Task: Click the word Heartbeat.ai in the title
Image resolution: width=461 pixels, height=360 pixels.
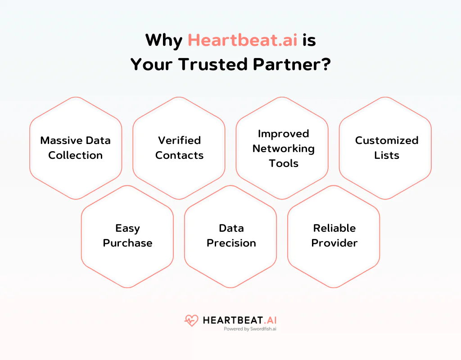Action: click(242, 40)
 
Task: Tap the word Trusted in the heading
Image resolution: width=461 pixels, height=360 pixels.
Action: click(214, 64)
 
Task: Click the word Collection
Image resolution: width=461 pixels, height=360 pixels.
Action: click(76, 155)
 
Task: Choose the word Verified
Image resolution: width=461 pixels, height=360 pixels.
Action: click(179, 140)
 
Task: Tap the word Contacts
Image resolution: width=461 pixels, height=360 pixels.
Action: click(179, 155)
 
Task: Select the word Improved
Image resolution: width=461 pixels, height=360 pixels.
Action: click(283, 134)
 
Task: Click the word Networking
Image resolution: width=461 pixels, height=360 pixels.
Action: click(283, 148)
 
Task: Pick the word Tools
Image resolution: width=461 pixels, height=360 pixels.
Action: click(284, 163)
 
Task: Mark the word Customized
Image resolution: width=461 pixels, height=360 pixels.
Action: click(387, 140)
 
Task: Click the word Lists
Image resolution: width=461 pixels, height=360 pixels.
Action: click(387, 155)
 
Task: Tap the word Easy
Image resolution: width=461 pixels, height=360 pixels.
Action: click(127, 228)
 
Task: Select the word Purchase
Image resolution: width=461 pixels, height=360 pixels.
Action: click(127, 243)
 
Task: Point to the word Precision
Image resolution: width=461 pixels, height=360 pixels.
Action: click(231, 243)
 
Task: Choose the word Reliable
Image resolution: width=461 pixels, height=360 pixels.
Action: click(334, 228)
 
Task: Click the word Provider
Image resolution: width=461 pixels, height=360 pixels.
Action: click(334, 243)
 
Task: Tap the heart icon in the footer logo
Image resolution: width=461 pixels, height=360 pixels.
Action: click(191, 320)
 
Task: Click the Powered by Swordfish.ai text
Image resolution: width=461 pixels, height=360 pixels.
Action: click(250, 329)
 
